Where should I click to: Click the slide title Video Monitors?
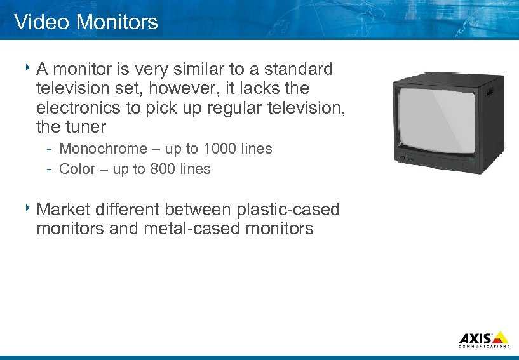tap(86, 22)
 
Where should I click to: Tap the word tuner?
tap(85, 128)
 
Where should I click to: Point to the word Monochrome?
tap(102, 149)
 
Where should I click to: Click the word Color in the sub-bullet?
tap(76, 170)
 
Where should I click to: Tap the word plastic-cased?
tap(288, 209)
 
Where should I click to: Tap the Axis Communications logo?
tap(483, 339)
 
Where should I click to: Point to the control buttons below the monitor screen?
tap(407, 157)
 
